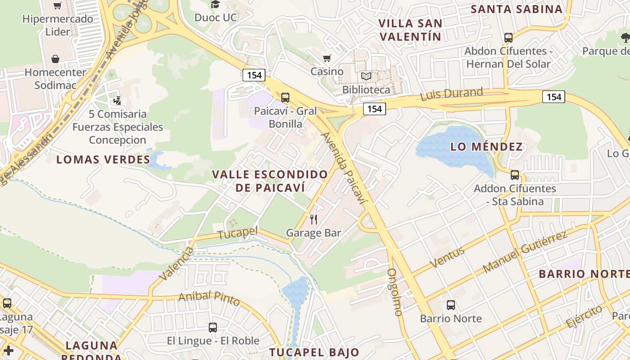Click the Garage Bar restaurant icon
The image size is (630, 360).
click(x=314, y=220)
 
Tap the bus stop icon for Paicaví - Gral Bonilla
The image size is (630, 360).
click(x=285, y=97)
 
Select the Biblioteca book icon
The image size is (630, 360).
click(x=367, y=76)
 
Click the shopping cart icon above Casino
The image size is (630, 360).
click(x=327, y=58)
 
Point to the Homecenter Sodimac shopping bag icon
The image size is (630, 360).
click(x=55, y=59)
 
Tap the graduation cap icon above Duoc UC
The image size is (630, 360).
click(x=216, y=4)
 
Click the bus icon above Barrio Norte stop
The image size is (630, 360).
click(x=451, y=305)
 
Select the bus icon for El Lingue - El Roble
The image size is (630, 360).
click(x=213, y=328)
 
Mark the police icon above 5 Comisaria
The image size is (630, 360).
click(x=117, y=101)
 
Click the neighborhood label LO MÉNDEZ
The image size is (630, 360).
click(x=486, y=147)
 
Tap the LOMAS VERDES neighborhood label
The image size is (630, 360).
click(x=103, y=159)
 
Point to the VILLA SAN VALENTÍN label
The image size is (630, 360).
click(x=410, y=30)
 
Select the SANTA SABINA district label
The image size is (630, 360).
click(x=517, y=9)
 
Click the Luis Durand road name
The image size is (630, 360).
click(x=451, y=94)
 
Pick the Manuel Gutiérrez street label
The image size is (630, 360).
click(x=525, y=252)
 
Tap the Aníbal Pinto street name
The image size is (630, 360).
click(x=209, y=298)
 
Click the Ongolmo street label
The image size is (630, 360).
click(x=394, y=292)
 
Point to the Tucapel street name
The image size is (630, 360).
click(x=238, y=233)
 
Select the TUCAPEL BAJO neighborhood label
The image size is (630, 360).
click(x=314, y=352)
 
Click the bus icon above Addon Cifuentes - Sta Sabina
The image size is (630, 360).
click(x=515, y=175)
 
